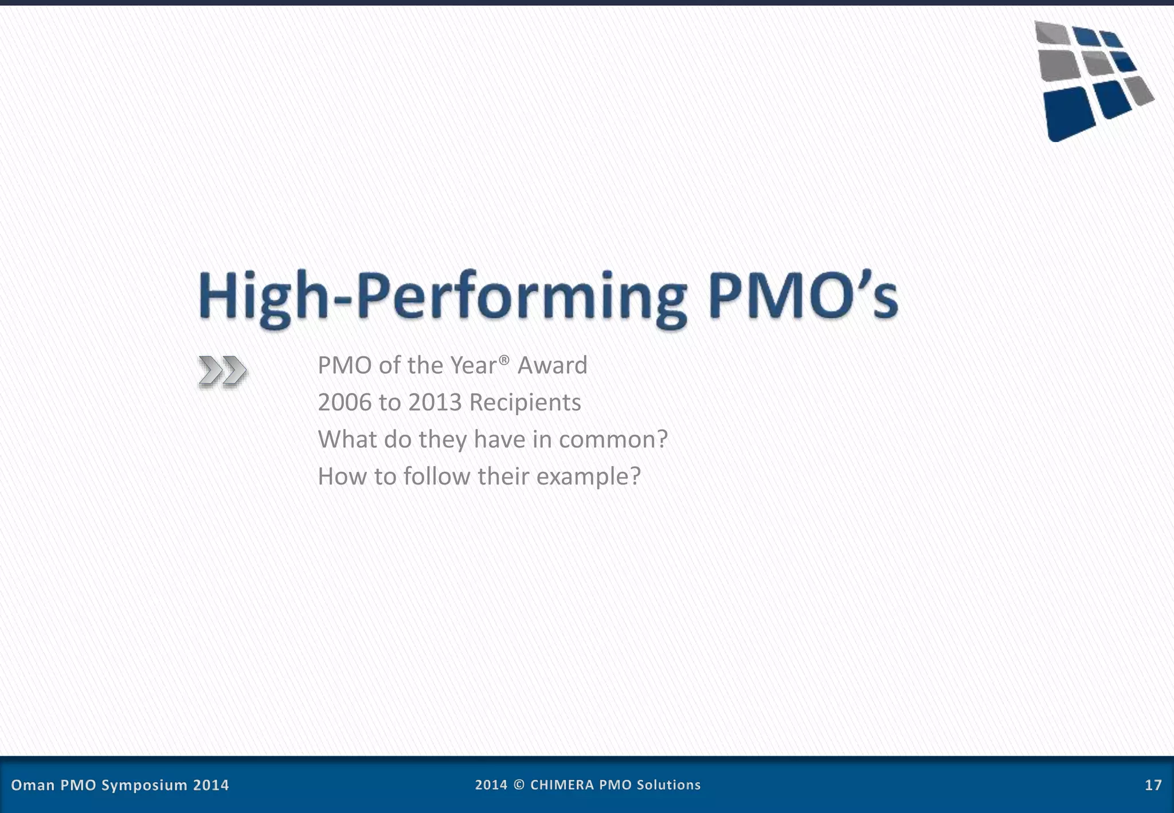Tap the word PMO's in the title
click(803, 297)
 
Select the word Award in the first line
click(552, 365)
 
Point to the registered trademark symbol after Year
click(504, 359)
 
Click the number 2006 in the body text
click(345, 402)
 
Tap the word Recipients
click(525, 402)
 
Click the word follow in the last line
click(436, 476)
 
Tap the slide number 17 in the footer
click(1153, 785)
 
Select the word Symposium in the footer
click(144, 785)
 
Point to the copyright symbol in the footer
click(519, 785)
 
